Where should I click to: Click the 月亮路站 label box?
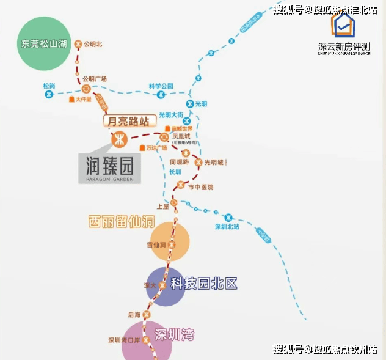(128, 121)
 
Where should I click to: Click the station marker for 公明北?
(78, 44)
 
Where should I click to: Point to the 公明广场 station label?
(95, 79)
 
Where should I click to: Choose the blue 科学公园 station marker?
(161, 95)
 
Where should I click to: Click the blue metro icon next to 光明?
(191, 105)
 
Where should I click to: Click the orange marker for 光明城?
(197, 162)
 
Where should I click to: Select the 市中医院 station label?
(200, 187)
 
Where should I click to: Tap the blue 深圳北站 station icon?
(228, 217)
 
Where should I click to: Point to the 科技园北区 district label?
(203, 284)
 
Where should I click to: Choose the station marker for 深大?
(162, 285)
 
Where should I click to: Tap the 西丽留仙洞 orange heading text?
(121, 221)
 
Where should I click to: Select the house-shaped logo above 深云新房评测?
(344, 27)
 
